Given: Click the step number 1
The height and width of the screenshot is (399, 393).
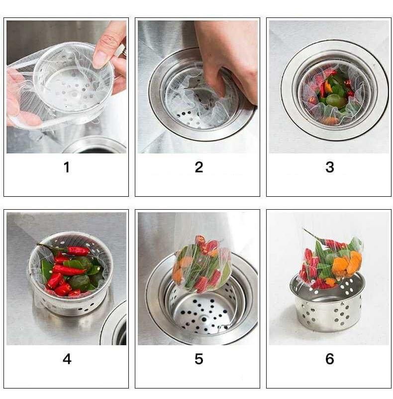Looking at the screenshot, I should click(67, 167).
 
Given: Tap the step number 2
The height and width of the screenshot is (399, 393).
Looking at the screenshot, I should click(199, 167).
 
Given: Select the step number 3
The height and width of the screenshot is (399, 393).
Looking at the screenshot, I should click(329, 167).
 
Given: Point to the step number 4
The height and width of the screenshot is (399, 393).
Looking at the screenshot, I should click(67, 359).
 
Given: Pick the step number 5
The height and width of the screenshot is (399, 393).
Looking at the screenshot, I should click(199, 359).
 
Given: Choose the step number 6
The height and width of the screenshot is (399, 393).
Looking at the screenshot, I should click(329, 359).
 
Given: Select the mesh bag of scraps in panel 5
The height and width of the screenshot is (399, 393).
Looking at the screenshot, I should click(201, 264).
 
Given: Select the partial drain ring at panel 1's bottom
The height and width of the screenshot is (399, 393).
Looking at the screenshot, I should click(95, 145).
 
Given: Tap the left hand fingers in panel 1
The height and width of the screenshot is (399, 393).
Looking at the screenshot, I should click(17, 100).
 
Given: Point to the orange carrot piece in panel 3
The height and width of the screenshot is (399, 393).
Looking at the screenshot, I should click(329, 120).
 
